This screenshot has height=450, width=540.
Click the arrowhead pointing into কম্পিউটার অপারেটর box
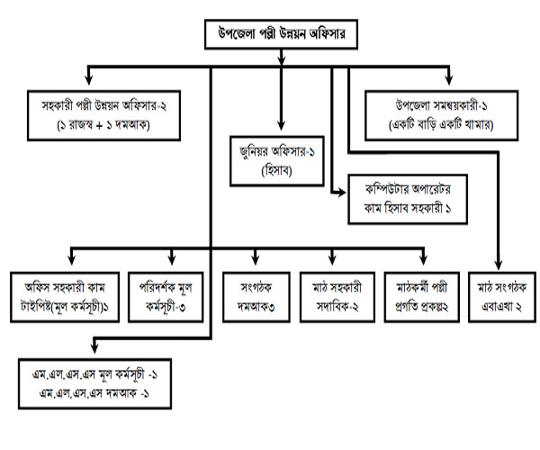pos(339,190)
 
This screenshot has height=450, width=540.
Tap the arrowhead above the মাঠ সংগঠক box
pos(499,265)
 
